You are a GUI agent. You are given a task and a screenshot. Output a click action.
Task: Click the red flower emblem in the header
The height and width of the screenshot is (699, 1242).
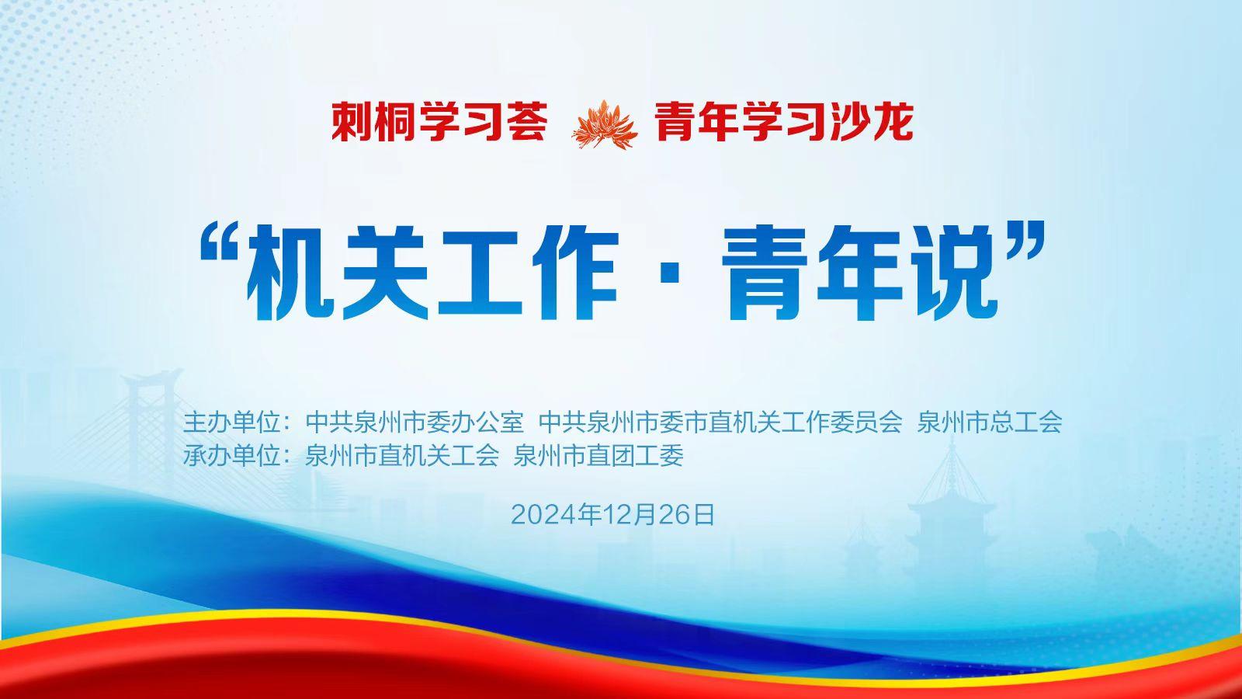coord(603,125)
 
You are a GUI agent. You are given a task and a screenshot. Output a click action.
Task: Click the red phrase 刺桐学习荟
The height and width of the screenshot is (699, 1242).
coord(439,122)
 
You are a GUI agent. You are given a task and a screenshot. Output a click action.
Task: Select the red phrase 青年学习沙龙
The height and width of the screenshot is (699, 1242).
coord(784,122)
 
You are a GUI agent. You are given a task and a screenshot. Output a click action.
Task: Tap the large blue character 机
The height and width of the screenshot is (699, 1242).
coord(290,273)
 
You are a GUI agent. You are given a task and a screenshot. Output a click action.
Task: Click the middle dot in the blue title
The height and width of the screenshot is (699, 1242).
coord(668,276)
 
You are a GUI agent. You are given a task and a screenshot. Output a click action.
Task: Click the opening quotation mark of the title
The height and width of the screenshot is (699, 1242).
coord(220,242)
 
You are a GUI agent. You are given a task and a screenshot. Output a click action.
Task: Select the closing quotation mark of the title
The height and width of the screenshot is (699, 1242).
coord(1025,240)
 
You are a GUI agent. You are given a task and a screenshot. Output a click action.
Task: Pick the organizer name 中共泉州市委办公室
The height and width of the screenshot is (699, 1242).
coord(415,423)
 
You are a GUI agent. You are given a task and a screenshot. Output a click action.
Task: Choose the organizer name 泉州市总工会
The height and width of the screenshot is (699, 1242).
coord(990,423)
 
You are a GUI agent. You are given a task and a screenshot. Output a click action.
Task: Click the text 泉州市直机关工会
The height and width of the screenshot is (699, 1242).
coord(402,456)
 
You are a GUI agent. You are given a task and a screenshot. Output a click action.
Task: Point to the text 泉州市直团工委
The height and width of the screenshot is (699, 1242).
coord(598,456)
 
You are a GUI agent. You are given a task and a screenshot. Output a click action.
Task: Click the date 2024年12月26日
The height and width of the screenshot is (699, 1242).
coord(612,515)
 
